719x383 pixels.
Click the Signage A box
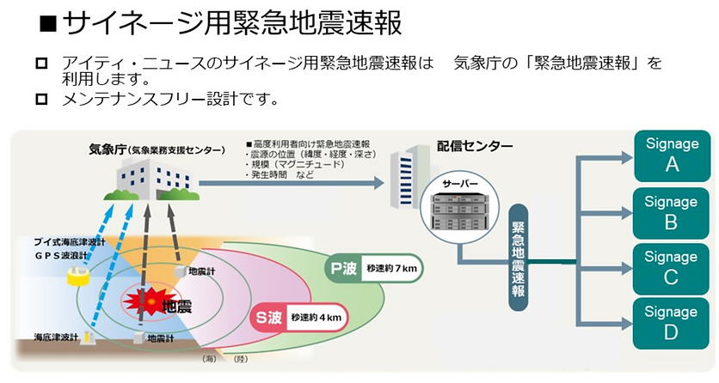(x=672, y=155)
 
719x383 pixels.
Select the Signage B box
(x=672, y=211)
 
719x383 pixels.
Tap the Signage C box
(x=672, y=267)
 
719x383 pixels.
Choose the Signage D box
(x=672, y=323)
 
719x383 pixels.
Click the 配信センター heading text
(x=474, y=146)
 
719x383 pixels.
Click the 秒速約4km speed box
(x=317, y=317)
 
